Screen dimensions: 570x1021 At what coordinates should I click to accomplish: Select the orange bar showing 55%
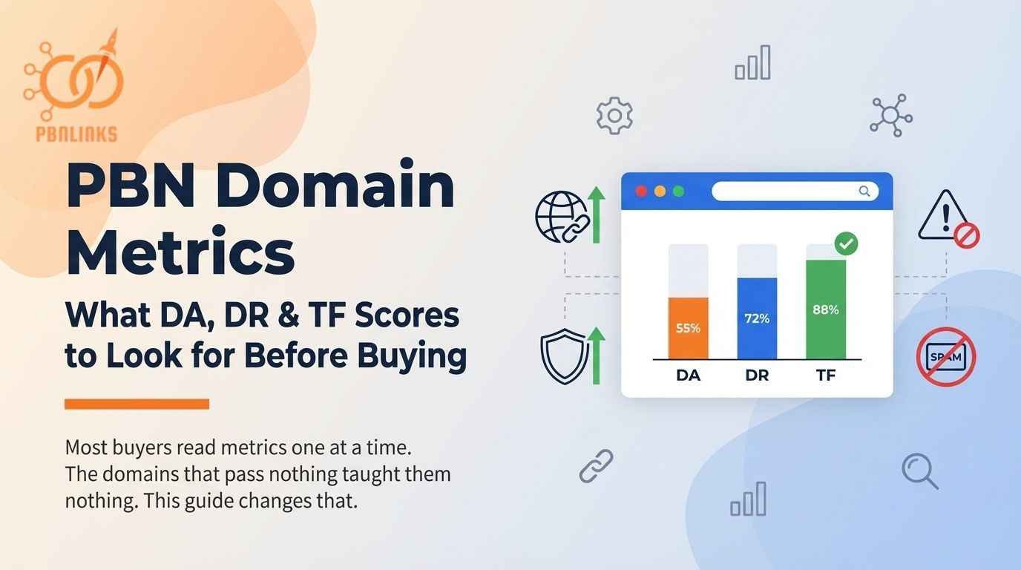(x=688, y=328)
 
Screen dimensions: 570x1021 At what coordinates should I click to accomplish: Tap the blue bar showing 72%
(x=757, y=318)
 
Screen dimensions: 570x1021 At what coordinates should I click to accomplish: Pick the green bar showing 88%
(x=825, y=309)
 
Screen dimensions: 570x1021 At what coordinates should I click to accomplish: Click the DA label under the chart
(x=688, y=376)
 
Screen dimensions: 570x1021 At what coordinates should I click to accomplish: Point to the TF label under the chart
(x=826, y=376)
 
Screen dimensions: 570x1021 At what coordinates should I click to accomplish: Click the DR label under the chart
(x=757, y=376)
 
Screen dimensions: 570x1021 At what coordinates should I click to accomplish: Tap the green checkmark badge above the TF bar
(x=846, y=243)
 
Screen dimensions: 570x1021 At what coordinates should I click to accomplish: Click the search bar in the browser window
(x=795, y=191)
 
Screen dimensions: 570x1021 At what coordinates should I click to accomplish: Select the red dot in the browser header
(x=642, y=191)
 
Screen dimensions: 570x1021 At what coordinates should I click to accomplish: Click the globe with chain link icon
(x=562, y=217)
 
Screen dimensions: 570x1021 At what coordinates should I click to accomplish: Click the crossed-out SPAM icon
(x=945, y=357)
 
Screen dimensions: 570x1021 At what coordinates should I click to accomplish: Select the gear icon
(x=614, y=116)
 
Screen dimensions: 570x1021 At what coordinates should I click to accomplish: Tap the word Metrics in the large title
(x=180, y=252)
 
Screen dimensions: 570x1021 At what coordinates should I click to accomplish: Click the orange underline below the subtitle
(x=137, y=404)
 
